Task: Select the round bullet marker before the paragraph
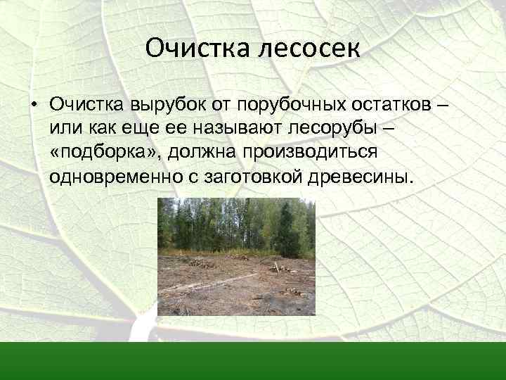(33, 106)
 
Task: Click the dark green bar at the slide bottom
(253, 360)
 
